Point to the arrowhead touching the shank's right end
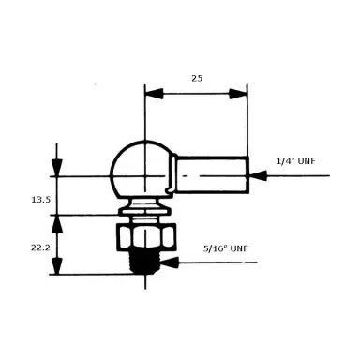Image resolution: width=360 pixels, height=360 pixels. point(256,175)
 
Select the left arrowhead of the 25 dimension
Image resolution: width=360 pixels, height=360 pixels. point(152,93)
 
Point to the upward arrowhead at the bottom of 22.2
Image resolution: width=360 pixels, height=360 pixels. point(58,267)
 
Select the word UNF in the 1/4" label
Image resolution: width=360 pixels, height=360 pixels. point(310,160)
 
